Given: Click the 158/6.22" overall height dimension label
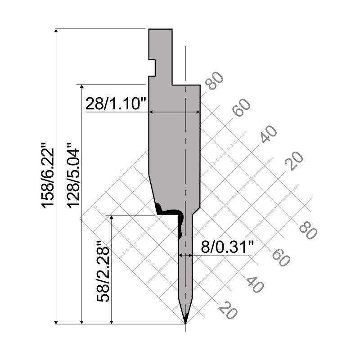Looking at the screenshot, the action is tap(48, 175).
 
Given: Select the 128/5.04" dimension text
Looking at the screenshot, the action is tap(73, 175).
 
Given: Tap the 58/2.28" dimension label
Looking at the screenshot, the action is tap(103, 271).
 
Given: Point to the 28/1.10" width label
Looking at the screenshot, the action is tap(116, 103).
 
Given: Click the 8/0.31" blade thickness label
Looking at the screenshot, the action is tap(227, 247).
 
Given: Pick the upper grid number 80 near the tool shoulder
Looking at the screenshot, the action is tap(214, 81).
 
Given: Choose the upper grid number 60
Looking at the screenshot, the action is tap(241, 107).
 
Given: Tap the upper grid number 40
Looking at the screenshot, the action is tap(268, 134).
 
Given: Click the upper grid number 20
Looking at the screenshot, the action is tap(294, 161).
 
